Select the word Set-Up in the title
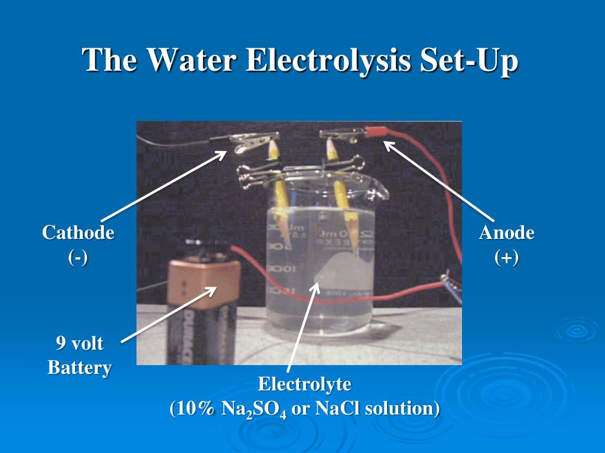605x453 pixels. pos(469,61)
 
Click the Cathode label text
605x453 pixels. pos(78,232)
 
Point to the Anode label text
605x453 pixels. pos(506,232)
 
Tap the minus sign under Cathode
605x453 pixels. pos(78,258)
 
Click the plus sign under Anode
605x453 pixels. pos(506,258)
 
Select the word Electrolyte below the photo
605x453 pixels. pos(304,385)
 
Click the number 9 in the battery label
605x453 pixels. pos(60,343)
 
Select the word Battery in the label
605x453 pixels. pos(79,368)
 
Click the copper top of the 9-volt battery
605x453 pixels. pos(204,283)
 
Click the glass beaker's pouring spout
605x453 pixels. pos(382,191)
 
